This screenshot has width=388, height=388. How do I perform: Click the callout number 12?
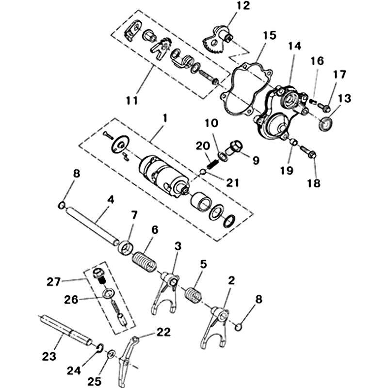[243, 6]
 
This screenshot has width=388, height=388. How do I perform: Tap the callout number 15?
[270, 35]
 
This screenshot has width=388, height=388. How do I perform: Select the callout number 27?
[53, 282]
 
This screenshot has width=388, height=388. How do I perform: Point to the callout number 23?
[49, 356]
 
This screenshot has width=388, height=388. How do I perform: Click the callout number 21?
[233, 183]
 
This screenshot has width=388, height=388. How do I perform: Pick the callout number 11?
[132, 100]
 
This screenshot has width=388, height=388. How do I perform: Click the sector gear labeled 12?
[217, 40]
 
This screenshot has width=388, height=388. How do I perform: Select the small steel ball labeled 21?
[203, 172]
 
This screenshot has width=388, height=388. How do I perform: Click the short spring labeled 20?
[212, 164]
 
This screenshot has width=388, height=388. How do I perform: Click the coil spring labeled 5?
[193, 294]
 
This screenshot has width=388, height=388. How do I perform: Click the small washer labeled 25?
[111, 355]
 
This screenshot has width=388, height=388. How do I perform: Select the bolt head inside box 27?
[99, 273]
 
